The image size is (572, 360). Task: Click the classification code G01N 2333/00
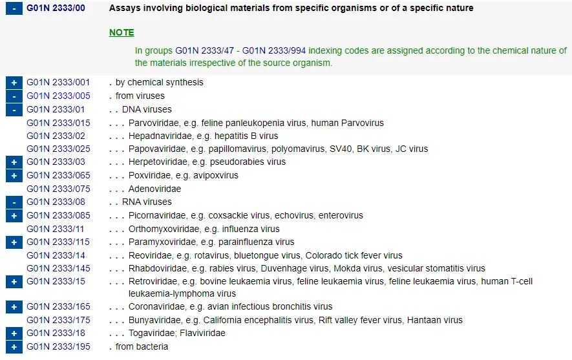click(x=56, y=8)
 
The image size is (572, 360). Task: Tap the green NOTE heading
click(x=122, y=32)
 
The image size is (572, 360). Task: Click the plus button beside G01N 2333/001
click(x=14, y=83)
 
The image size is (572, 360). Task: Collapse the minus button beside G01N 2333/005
click(x=14, y=96)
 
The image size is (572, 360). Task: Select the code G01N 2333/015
click(x=58, y=123)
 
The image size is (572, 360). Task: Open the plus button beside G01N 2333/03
click(x=14, y=162)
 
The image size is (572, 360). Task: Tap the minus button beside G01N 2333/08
click(x=14, y=202)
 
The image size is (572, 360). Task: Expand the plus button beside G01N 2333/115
click(x=14, y=242)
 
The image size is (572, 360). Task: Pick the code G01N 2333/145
click(x=58, y=268)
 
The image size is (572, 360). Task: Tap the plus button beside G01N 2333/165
click(x=14, y=307)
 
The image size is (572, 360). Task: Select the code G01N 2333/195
click(x=58, y=346)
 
